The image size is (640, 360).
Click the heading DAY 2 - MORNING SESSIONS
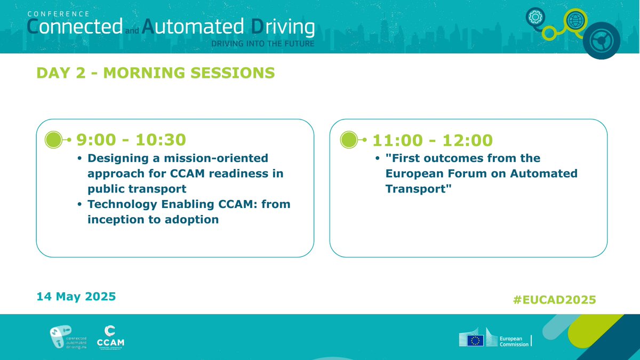156,73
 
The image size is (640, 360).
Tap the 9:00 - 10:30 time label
131,140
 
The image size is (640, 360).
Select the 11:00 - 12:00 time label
433,140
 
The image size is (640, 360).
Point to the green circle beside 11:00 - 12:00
349,140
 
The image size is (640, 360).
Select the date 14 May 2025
76,297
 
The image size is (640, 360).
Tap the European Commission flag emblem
475,340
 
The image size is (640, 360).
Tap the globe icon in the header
575,21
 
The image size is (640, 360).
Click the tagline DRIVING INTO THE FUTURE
263,43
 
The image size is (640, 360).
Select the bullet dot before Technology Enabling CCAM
79,205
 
